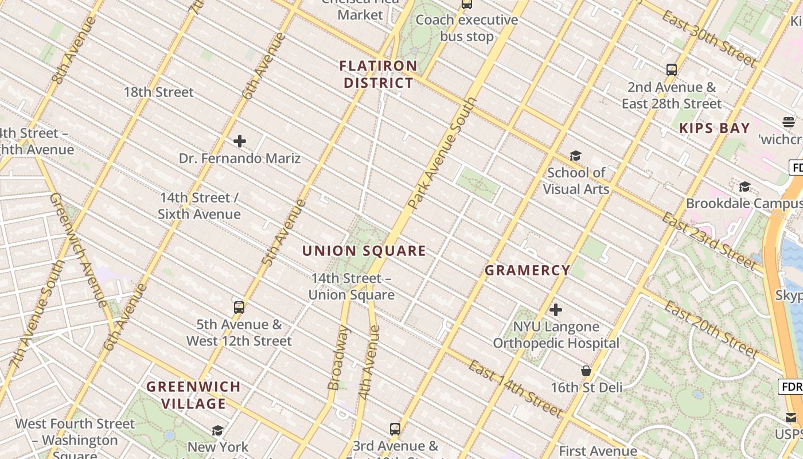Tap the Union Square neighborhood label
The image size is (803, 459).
click(364, 251)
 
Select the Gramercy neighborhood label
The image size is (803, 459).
click(528, 270)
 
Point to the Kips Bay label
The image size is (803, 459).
click(715, 128)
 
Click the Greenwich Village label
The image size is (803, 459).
click(193, 395)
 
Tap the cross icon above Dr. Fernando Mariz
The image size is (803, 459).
click(240, 141)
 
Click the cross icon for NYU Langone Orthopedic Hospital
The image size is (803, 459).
click(556, 310)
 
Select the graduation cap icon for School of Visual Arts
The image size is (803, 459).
click(575, 156)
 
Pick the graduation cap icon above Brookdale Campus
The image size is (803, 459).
click(744, 187)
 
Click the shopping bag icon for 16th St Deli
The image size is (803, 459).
click(586, 371)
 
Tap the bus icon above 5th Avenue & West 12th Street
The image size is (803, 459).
click(239, 308)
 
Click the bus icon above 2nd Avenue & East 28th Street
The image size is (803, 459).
click(672, 70)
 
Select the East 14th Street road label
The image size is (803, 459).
click(514, 389)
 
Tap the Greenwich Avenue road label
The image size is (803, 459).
click(77, 250)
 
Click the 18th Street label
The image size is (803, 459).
click(159, 92)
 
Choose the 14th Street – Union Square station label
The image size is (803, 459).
click(352, 287)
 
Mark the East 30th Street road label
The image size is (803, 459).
click(709, 39)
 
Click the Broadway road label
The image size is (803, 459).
click(338, 358)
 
